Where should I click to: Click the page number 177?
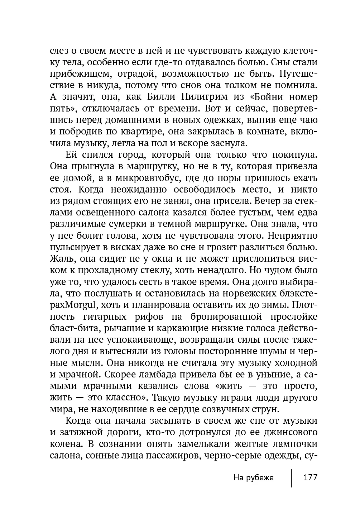(310, 477)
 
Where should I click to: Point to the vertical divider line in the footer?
(291, 477)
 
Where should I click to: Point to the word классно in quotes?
(124, 398)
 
